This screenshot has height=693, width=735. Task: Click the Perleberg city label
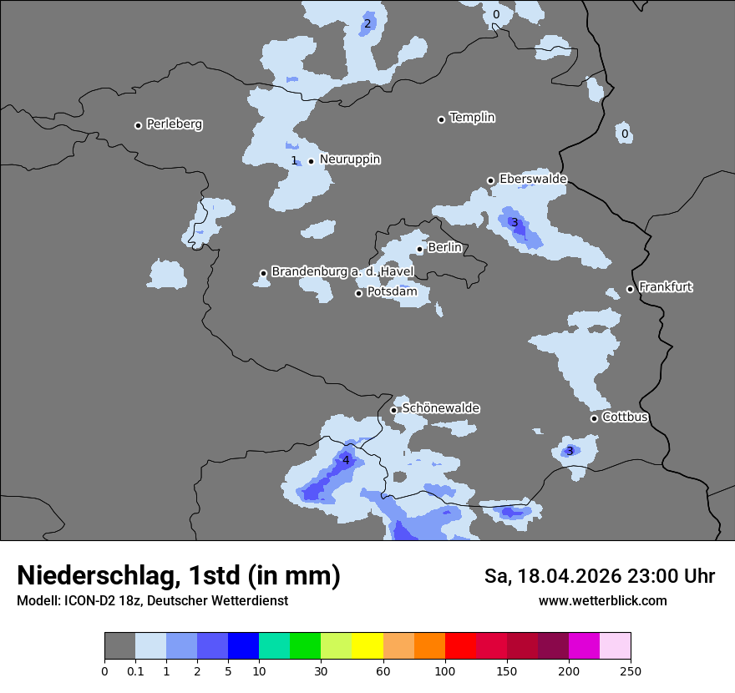click(174, 124)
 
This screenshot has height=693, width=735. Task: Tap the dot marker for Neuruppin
click(311, 161)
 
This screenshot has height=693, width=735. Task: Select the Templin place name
click(472, 118)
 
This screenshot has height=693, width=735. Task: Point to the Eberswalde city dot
click(491, 180)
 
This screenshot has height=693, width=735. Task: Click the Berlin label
click(444, 248)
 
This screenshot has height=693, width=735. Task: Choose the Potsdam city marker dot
click(359, 293)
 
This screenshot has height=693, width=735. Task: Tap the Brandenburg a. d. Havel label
click(342, 272)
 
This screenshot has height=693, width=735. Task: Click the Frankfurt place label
click(665, 287)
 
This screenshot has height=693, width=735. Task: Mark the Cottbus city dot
click(594, 418)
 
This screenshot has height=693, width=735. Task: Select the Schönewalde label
click(440, 408)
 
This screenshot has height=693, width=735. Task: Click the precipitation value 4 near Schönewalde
click(346, 460)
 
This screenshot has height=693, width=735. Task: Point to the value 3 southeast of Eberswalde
click(514, 222)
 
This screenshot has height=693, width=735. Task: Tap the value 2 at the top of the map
click(367, 23)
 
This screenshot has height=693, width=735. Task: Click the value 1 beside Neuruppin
click(294, 160)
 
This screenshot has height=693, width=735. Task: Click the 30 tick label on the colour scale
click(322, 670)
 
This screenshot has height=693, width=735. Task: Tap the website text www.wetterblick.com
click(602, 601)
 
